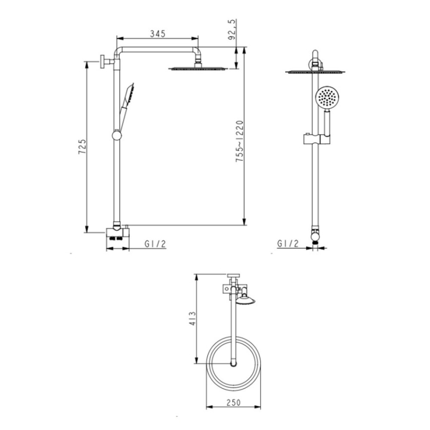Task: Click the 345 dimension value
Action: [158, 34]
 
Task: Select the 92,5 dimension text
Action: [232, 30]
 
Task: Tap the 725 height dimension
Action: [82, 147]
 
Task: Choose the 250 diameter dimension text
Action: [233, 402]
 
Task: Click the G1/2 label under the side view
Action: [155, 244]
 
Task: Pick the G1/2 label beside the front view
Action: [288, 243]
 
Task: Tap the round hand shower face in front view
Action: [328, 97]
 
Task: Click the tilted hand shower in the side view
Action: [126, 107]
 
